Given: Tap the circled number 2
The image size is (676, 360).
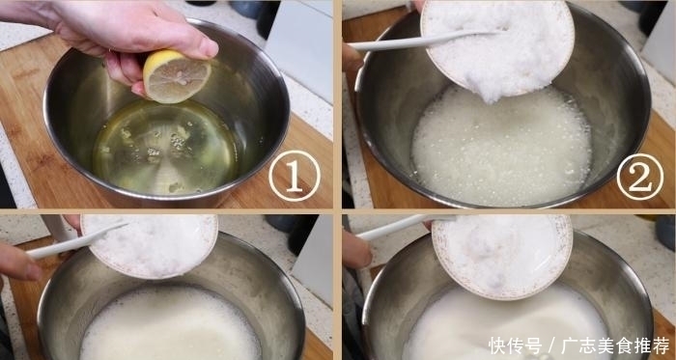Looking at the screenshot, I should [x=639, y=177].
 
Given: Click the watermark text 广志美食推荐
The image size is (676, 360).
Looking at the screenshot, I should [x=617, y=345].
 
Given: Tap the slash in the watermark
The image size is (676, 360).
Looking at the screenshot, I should [x=553, y=345].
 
